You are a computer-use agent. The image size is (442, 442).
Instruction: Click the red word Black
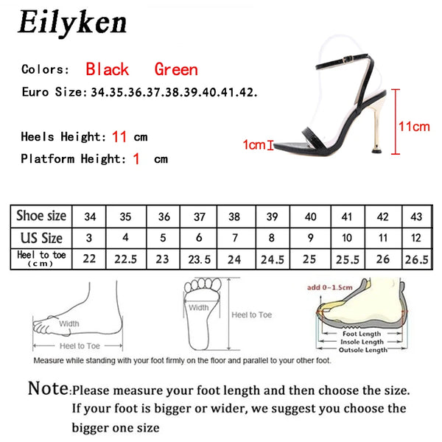[x=107, y=70]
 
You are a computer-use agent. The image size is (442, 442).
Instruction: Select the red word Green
[x=175, y=70]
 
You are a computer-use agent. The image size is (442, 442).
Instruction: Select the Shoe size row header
[x=41, y=216]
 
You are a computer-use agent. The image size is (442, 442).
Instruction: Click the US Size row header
[x=41, y=238]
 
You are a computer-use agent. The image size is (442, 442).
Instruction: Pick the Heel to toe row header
[x=41, y=259]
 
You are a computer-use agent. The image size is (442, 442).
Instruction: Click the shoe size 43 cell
[x=415, y=217]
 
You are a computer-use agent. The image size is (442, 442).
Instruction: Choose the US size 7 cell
[x=234, y=239]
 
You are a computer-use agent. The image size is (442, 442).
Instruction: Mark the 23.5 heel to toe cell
[x=199, y=259]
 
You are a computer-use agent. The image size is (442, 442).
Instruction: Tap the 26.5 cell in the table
[x=415, y=259]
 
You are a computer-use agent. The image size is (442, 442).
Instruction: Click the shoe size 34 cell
[x=90, y=217]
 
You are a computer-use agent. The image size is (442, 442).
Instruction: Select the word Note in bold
[x=49, y=388]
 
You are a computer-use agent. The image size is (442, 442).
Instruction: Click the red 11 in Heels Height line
[x=120, y=136]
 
